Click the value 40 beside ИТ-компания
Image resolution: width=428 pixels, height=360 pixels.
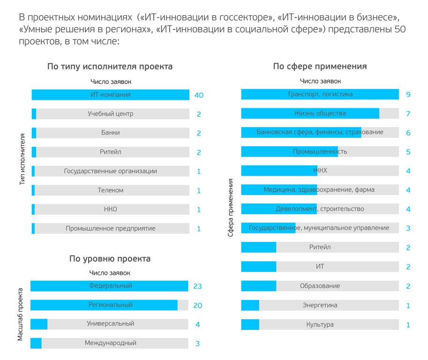click(199, 95)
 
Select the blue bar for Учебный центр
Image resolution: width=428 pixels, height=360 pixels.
click(34, 114)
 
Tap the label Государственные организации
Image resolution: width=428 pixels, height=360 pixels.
click(110, 172)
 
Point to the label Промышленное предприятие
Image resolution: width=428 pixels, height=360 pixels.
click(110, 229)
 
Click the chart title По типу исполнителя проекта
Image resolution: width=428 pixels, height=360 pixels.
click(110, 67)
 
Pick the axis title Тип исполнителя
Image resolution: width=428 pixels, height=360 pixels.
click(23, 160)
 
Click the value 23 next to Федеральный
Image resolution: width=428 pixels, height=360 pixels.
click(197, 286)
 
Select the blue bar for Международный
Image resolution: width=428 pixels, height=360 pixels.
click(36, 343)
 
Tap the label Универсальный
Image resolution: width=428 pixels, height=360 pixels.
click(110, 324)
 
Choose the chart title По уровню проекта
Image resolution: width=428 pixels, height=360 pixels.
click(110, 259)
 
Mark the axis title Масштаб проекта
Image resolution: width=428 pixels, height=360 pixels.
click(21, 314)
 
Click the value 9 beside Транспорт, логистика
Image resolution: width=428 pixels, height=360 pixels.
click(408, 95)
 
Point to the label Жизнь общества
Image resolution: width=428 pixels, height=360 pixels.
click(320, 113)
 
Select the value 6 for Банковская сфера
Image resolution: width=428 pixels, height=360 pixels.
click(408, 133)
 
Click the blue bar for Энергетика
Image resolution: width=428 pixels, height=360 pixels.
click(250, 306)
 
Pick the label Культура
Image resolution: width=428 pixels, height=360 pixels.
click(320, 325)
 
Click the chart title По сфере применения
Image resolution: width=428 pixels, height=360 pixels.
click(320, 67)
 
